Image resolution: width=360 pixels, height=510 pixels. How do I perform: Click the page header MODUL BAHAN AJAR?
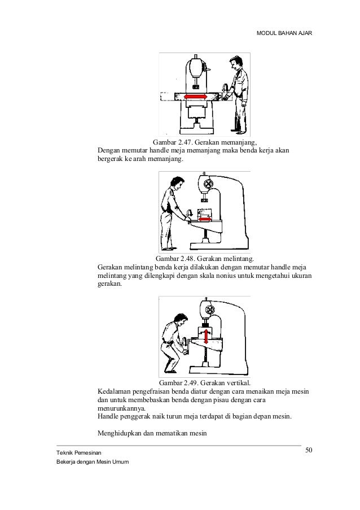click(284, 33)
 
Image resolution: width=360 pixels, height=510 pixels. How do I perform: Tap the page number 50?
click(309, 450)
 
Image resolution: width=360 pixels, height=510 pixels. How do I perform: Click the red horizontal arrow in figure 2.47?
click(196, 97)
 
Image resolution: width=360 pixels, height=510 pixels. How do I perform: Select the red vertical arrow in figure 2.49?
click(205, 336)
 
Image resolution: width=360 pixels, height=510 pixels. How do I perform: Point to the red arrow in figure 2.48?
click(205, 219)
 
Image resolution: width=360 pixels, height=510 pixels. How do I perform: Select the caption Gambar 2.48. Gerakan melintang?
click(205, 259)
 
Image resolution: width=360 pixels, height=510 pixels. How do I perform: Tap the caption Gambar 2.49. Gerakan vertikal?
click(205, 382)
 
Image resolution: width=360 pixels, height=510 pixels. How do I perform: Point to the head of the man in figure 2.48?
click(177, 184)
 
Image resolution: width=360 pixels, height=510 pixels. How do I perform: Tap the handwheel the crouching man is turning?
click(185, 345)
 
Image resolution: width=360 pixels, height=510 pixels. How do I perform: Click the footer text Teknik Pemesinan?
click(79, 453)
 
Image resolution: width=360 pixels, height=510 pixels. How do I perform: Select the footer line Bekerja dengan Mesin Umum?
click(93, 462)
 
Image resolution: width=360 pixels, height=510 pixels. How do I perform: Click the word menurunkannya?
click(121, 408)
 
